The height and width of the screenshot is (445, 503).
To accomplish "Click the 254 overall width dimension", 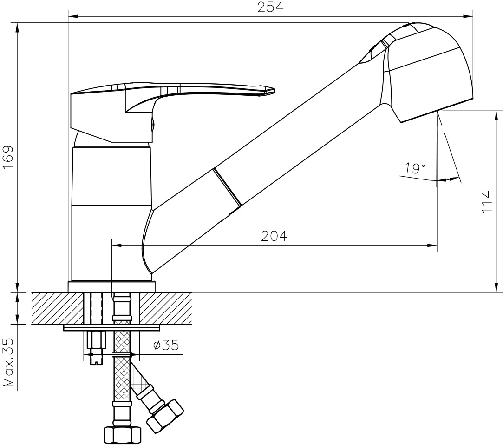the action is (270, 7).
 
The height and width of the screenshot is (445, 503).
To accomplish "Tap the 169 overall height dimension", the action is (8, 158).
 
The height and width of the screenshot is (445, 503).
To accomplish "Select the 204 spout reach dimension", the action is (274, 236).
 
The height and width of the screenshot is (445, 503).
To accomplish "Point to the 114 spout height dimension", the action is (487, 202).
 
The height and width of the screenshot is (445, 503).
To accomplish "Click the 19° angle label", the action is (414, 168).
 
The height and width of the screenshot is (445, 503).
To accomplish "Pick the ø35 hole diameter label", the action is (166, 345).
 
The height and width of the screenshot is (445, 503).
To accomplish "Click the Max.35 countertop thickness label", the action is (9, 363).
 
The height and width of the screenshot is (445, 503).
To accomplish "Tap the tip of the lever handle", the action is (274, 91).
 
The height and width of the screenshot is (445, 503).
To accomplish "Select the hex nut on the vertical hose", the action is (122, 435).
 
